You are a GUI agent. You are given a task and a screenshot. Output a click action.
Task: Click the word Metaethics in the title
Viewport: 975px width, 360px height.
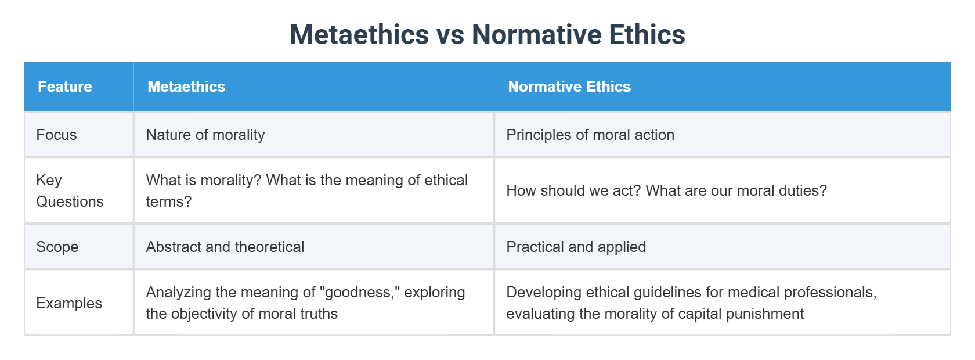pyautogui.click(x=359, y=35)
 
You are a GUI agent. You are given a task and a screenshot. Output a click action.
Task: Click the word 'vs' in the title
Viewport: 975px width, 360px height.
pyautogui.click(x=450, y=35)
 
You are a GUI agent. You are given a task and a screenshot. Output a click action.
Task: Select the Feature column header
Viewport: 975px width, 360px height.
pyautogui.click(x=65, y=87)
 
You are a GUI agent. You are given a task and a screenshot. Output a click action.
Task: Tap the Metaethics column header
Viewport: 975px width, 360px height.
pyautogui.click(x=186, y=87)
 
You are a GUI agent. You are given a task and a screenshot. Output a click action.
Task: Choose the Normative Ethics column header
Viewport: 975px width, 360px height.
pyautogui.click(x=569, y=87)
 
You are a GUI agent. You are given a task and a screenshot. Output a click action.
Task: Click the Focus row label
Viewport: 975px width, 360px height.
pyautogui.click(x=56, y=135)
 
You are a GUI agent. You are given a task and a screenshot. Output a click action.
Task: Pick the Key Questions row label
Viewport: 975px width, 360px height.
pyautogui.click(x=70, y=190)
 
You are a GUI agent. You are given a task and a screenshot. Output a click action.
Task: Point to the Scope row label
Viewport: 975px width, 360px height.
pyautogui.click(x=57, y=247)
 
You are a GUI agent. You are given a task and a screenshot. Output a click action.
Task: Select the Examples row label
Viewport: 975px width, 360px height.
pyautogui.click(x=69, y=303)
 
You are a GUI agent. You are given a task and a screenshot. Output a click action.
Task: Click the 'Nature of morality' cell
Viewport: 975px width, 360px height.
pyautogui.click(x=205, y=135)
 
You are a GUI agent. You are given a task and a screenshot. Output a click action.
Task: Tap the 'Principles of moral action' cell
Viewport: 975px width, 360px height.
pyautogui.click(x=590, y=135)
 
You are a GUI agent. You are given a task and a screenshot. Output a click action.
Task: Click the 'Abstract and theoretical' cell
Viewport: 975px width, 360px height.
pyautogui.click(x=225, y=247)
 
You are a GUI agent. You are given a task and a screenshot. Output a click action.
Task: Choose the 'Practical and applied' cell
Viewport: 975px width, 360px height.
pyautogui.click(x=576, y=247)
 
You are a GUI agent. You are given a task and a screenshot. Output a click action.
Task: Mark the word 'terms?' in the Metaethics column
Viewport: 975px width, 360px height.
pyautogui.click(x=168, y=201)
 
